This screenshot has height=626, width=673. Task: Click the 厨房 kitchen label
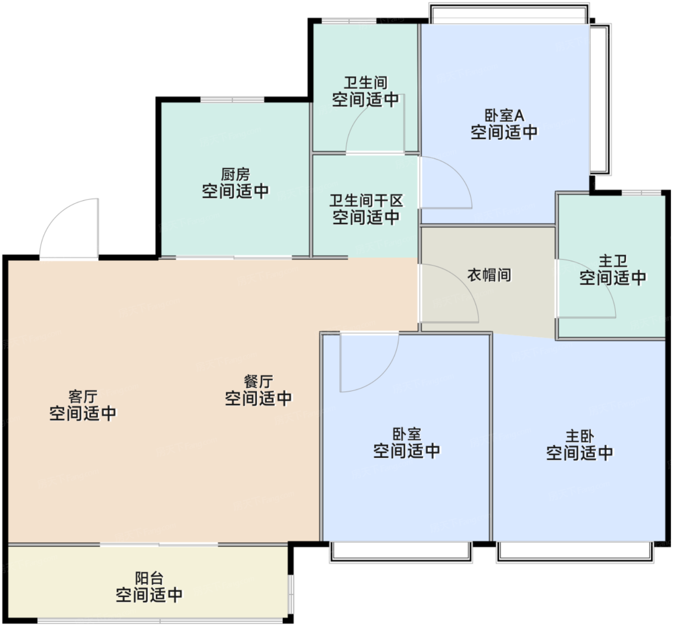236,175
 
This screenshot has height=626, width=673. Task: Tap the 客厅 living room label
83,396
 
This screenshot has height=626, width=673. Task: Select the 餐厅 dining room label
259,382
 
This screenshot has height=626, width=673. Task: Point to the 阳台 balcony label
150,578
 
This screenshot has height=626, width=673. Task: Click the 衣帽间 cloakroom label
489,275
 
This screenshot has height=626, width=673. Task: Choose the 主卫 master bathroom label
613,261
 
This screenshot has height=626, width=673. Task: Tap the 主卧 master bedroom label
580,436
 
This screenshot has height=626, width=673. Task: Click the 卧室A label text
504,115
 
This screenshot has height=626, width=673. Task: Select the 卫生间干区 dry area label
366,200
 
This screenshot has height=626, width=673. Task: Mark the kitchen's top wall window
232,99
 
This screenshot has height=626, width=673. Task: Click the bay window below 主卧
575,553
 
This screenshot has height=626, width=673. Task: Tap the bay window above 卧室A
509,13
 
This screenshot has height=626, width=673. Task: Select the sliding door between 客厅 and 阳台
159,545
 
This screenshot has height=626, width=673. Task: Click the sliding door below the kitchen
234,258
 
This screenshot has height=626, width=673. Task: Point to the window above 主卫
641,193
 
